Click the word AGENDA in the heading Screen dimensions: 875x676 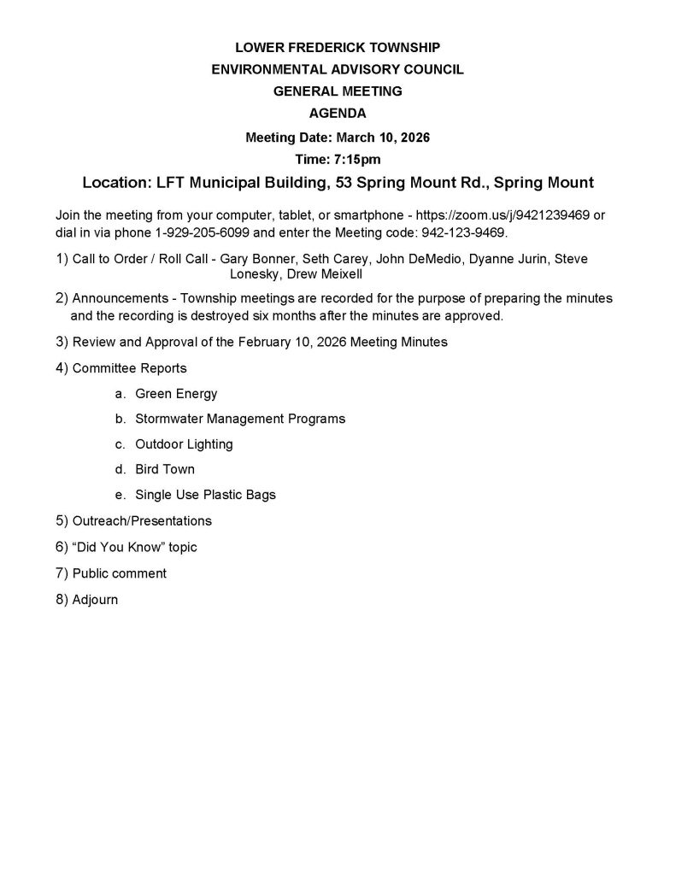point(338,113)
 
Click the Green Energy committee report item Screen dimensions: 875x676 point(176,394)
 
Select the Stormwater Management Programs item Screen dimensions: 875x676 point(240,419)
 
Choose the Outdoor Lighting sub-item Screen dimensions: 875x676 point(184,444)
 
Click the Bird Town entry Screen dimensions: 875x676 point(165,469)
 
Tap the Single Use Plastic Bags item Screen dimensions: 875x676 point(205,495)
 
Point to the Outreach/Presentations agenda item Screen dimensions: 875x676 point(142,520)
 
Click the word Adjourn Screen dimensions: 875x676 point(95,600)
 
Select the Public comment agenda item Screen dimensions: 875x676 point(119,573)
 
